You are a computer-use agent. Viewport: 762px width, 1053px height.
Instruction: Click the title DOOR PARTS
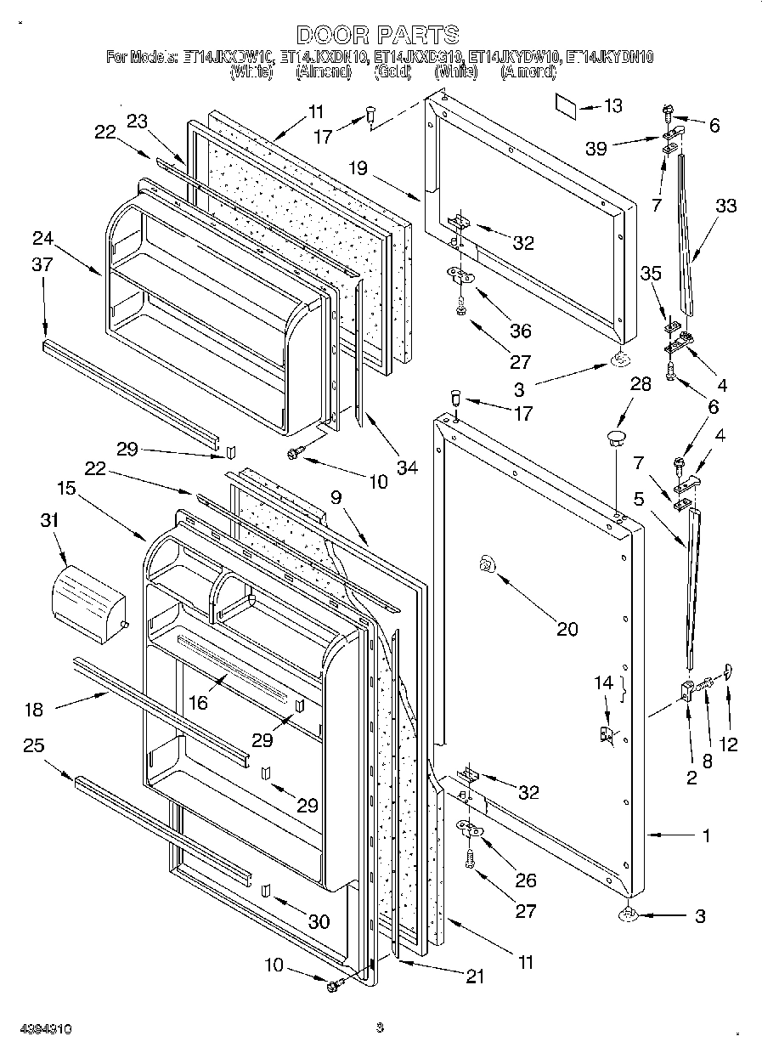coord(378,35)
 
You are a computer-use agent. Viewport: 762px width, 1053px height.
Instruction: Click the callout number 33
coord(725,206)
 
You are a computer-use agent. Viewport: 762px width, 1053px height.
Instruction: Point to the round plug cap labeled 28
coord(614,440)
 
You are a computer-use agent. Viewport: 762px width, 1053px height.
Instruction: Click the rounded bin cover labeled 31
coord(87,595)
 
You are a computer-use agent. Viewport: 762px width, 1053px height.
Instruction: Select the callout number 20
coord(567,629)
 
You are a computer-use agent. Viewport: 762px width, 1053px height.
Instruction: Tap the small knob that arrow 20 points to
coord(487,563)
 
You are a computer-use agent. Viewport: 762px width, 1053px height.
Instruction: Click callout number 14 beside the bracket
coord(603,682)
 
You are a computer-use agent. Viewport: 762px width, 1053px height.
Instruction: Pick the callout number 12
coord(728,744)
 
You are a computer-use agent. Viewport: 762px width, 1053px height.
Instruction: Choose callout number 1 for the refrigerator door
coord(706,835)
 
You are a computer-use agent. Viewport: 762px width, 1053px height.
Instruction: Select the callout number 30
coord(319,921)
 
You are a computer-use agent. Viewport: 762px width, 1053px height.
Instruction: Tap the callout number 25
coord(33,745)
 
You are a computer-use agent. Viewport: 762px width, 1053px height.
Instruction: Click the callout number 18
coord(33,710)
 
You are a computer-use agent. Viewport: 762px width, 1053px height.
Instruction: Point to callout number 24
coord(42,237)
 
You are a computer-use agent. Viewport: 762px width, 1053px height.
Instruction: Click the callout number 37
coord(42,265)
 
